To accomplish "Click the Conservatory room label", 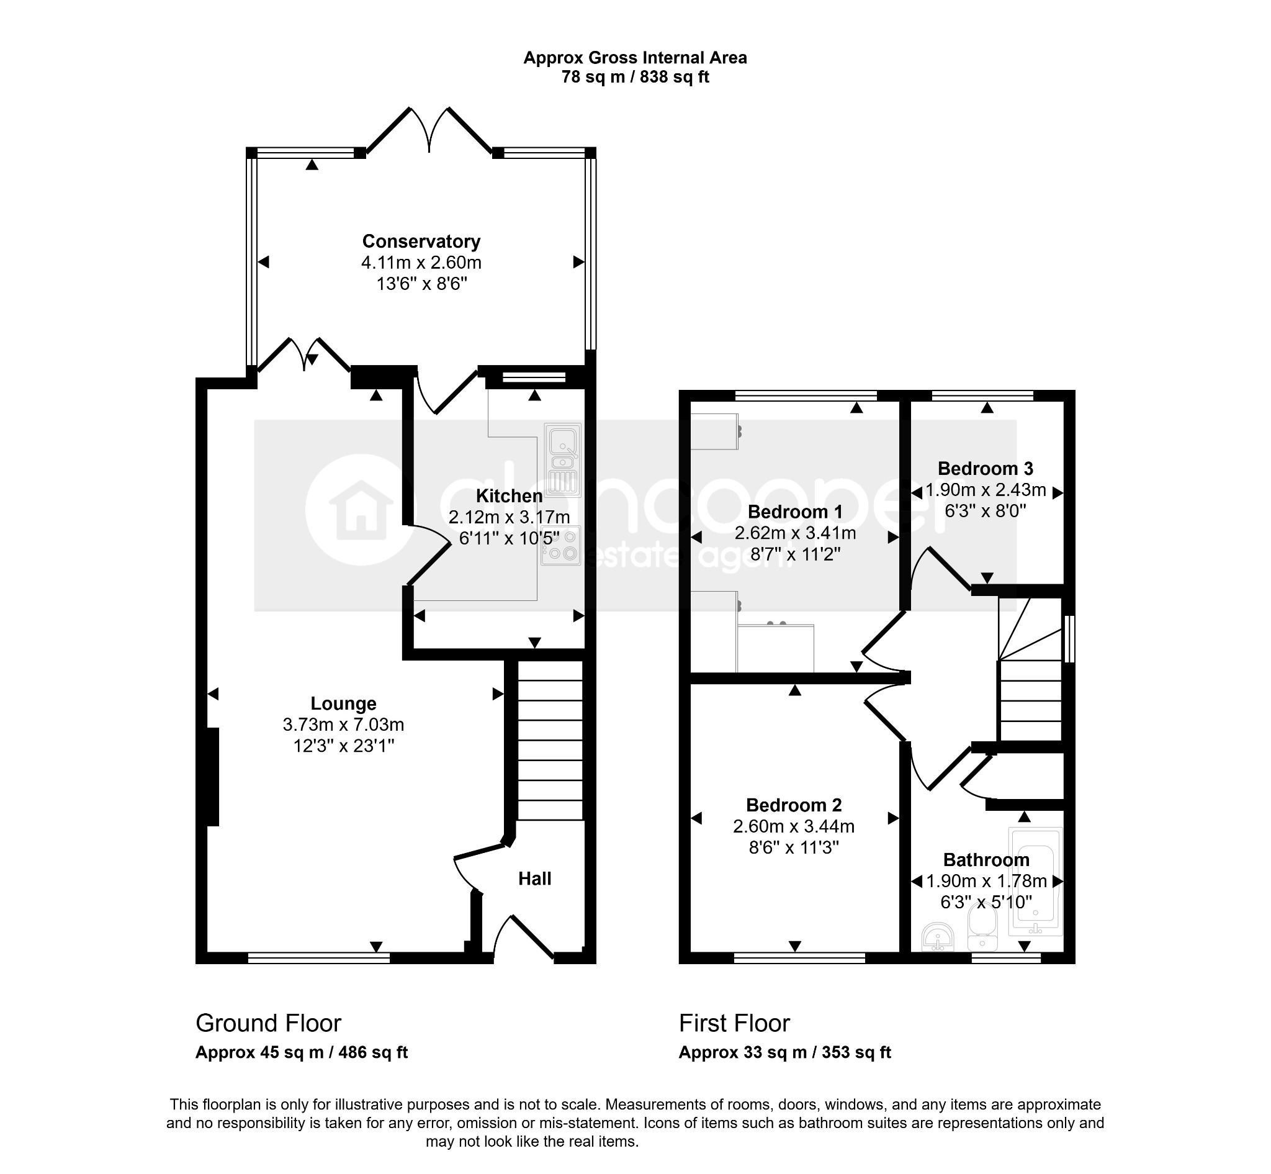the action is [421, 242].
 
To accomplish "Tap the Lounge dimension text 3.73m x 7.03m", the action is [344, 725].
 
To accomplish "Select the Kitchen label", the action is [510, 495].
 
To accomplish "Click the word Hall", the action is [535, 878].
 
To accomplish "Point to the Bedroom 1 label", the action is [795, 512].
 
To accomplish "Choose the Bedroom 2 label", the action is [794, 805].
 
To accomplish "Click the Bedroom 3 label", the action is [986, 468].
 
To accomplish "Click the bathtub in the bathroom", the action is [1035, 881].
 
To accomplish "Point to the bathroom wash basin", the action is [938, 936].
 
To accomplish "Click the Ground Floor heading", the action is [269, 1023].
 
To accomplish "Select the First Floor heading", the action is [734, 1023].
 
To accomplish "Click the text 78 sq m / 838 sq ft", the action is [635, 77].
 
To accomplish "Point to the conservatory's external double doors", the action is [430, 131].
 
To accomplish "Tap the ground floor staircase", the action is [550, 740].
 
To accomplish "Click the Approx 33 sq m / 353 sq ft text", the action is [785, 1053].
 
